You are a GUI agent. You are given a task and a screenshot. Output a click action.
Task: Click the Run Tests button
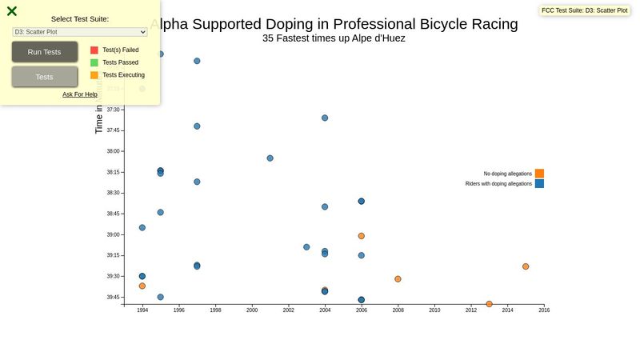tap(45, 52)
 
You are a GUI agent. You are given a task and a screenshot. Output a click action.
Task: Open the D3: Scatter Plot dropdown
tap(80, 32)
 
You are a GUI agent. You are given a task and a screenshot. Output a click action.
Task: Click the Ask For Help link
tap(80, 94)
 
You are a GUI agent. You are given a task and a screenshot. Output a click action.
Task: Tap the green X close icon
tap(12, 11)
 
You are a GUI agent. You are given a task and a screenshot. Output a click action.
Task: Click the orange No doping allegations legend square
tap(539, 174)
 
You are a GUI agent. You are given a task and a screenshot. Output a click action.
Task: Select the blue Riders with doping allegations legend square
tap(539, 184)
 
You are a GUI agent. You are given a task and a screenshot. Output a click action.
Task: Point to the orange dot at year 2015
tap(526, 266)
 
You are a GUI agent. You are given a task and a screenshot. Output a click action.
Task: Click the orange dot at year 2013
tap(489, 304)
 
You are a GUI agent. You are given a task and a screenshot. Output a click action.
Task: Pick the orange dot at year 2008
tap(398, 279)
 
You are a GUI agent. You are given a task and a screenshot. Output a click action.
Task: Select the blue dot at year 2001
tap(270, 158)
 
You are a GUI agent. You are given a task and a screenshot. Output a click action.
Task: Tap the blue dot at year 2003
tap(306, 247)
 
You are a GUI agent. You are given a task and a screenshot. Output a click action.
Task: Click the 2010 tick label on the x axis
tap(434, 310)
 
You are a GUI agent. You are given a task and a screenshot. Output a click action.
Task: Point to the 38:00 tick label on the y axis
tap(113, 151)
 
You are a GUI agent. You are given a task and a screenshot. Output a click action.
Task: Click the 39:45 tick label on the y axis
tap(113, 298)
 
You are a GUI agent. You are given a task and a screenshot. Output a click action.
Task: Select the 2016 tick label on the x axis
tap(544, 310)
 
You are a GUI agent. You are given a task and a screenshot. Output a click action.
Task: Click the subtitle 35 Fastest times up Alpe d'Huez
tap(334, 38)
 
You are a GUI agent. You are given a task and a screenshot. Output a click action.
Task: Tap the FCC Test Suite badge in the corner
tap(584, 10)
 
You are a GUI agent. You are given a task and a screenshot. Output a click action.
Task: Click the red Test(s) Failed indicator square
tap(94, 50)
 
